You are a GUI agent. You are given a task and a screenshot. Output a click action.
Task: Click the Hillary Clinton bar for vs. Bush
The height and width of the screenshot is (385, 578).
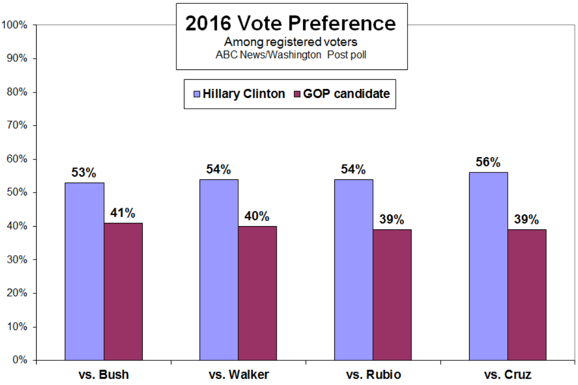pyautogui.click(x=85, y=271)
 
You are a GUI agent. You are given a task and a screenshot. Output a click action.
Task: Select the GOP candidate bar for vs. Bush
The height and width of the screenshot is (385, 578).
pyautogui.click(x=123, y=291)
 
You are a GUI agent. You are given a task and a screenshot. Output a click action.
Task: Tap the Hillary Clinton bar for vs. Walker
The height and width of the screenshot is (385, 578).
pyautogui.click(x=219, y=270)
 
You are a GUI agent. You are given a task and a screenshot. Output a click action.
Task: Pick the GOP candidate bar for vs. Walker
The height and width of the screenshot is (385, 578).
pyautogui.click(x=257, y=293)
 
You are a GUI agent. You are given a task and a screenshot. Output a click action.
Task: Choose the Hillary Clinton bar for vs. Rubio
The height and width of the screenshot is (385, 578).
pyautogui.click(x=354, y=270)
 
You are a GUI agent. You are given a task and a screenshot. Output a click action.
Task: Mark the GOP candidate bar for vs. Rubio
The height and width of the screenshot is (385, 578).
pyautogui.click(x=392, y=295)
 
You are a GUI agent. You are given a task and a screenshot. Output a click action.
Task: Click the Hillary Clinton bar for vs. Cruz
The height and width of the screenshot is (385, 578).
pyautogui.click(x=488, y=266)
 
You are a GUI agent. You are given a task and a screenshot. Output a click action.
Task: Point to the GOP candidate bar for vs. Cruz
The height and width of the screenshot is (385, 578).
pyautogui.click(x=527, y=295)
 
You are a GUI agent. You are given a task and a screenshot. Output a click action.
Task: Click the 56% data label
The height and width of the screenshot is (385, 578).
pyautogui.click(x=488, y=162)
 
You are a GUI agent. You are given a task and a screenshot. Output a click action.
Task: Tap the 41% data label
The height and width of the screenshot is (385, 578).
pyautogui.click(x=123, y=213)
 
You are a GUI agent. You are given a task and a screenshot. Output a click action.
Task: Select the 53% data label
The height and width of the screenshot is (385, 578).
pyautogui.click(x=84, y=173)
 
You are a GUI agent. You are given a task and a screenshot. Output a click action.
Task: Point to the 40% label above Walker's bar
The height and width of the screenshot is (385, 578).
pyautogui.click(x=257, y=216)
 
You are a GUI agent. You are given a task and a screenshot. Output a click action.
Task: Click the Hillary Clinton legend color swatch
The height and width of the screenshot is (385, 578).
pyautogui.click(x=197, y=94)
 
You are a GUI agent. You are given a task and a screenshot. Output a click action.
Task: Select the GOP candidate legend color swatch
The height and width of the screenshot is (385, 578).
pyautogui.click(x=297, y=94)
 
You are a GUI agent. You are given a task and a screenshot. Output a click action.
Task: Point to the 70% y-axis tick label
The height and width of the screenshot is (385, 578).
pyautogui.click(x=17, y=125)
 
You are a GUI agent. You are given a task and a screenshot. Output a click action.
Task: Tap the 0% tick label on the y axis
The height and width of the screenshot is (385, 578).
pyautogui.click(x=20, y=360)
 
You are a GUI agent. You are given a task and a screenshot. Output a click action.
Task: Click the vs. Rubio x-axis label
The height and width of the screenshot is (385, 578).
pyautogui.click(x=374, y=375)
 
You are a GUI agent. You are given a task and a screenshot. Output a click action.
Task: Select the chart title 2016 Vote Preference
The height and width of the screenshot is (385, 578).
pyautogui.click(x=291, y=23)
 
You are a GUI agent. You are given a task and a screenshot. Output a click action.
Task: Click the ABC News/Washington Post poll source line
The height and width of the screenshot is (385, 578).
pyautogui.click(x=291, y=55)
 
